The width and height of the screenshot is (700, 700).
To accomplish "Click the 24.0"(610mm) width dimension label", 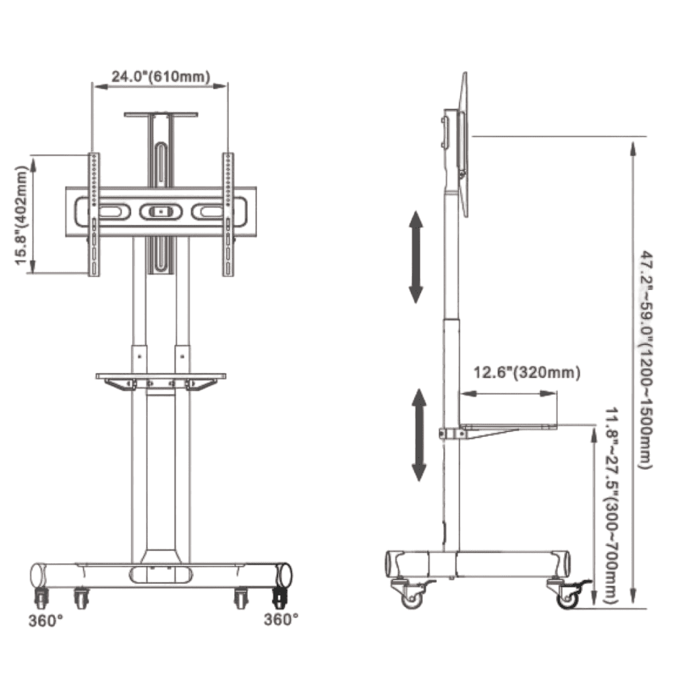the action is click(161, 77).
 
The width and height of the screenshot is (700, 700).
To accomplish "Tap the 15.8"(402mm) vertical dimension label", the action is click(21, 215).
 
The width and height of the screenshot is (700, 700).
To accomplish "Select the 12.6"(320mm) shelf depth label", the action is click(527, 372).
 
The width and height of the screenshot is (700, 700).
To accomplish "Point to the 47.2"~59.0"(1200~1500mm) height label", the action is click(647, 360).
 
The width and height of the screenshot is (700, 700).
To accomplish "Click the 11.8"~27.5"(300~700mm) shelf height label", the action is click(611, 505).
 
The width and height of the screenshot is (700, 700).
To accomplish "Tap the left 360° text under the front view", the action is click(46, 621).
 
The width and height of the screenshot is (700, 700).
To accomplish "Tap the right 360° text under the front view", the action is click(281, 619).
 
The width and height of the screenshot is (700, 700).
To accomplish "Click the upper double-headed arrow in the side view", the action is click(416, 257).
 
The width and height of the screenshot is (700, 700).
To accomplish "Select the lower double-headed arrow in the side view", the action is click(419, 435).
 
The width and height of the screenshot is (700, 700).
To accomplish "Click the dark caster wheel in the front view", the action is click(280, 597).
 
